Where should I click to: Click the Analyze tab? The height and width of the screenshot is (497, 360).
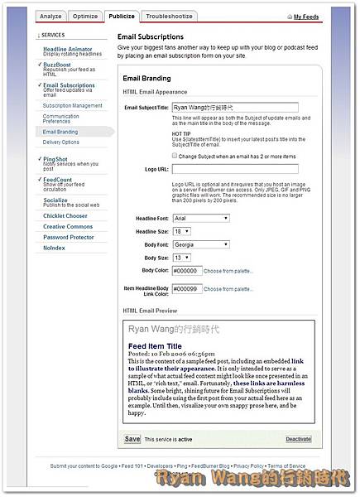pos(50,16)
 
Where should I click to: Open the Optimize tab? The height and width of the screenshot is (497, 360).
pos(85,16)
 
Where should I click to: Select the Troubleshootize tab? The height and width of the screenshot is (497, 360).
pos(169,16)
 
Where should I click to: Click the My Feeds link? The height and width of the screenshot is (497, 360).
pos(306,17)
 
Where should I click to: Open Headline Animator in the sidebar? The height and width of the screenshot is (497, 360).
pos(67,50)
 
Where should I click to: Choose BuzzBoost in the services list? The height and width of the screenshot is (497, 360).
pos(57,64)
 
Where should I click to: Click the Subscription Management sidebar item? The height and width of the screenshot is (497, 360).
pos(73,105)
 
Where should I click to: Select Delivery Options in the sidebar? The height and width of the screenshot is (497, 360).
pos(61,142)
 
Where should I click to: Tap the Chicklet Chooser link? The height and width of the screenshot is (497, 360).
pos(65,215)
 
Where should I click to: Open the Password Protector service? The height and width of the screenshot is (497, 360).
pos(69,237)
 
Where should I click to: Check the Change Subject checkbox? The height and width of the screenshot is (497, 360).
pos(175,155)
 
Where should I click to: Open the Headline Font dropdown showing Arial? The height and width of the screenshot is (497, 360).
pos(200,218)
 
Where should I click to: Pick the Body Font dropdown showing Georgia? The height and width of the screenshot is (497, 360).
pos(200,244)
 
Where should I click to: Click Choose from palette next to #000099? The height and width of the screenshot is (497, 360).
pos(228,289)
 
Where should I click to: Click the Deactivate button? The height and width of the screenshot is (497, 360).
pos(299,438)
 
